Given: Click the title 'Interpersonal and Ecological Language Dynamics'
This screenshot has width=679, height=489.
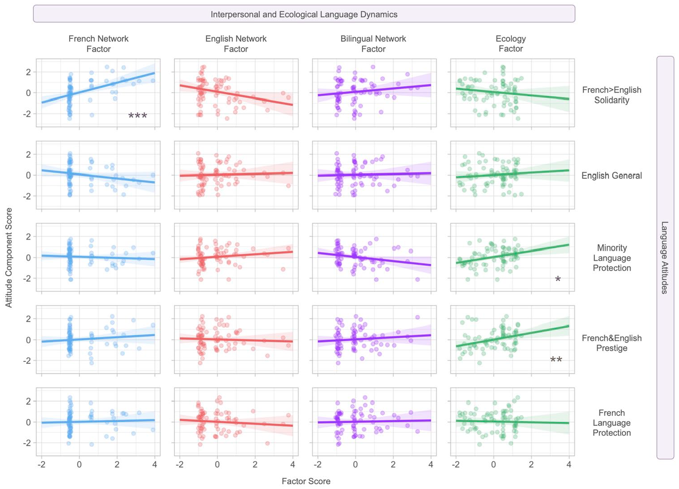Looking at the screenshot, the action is coord(304,14).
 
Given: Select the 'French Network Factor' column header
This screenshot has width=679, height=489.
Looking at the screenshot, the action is coord(98,44).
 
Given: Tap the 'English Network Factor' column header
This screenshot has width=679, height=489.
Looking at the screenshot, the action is coord(236,44).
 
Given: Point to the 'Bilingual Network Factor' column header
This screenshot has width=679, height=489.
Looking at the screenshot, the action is coord(373,44).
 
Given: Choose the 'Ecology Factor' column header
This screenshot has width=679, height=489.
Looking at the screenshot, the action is coord(511,44).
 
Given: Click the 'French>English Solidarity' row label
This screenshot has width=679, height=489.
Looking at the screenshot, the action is coord(612,95).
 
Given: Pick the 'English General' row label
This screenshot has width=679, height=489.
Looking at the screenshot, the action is coord(612,176).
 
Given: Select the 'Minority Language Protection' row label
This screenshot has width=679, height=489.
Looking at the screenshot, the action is coord(612,258).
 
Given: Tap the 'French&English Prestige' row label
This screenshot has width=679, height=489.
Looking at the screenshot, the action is coord(612,343).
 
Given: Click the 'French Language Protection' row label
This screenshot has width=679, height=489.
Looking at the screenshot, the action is coord(612,422).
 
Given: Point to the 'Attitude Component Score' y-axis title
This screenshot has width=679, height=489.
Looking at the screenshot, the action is coord(9,258).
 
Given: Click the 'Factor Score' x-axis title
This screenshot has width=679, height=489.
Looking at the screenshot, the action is coord(306,481).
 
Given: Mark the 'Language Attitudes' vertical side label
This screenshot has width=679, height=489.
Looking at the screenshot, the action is coord(665,258).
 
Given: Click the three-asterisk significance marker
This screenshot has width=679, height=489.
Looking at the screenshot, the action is coord(138,116).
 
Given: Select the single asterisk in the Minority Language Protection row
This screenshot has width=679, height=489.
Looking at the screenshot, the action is coord(558,279).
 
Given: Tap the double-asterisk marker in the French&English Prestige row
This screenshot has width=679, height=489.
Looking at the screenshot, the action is coord(556,360).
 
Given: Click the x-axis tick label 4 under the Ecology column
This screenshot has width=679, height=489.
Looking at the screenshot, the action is coord(569,464).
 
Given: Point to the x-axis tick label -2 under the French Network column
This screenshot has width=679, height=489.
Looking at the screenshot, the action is coord(41,464).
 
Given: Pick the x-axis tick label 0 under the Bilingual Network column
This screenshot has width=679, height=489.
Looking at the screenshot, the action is coord(355,464).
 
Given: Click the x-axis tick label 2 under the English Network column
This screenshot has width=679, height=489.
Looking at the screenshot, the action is coord(255,464).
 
